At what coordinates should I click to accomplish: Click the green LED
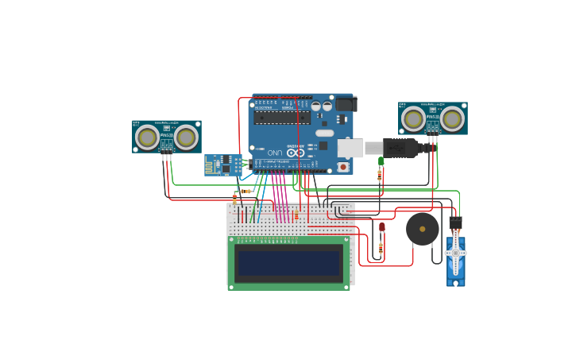(381, 161)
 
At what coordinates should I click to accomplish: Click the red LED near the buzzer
(381, 227)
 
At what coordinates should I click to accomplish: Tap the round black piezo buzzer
(422, 230)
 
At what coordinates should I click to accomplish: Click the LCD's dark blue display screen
(289, 262)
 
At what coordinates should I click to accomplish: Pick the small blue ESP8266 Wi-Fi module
(223, 165)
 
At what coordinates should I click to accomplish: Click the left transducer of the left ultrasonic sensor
(147, 137)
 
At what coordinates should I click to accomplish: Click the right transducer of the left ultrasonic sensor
(186, 137)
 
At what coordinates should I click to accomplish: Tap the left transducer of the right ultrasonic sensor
(413, 119)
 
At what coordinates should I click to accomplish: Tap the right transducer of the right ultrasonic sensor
(452, 119)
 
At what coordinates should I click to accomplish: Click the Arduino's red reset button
(343, 166)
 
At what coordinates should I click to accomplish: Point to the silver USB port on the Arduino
(350, 148)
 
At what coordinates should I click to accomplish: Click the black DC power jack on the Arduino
(346, 104)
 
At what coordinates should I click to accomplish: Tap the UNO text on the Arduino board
(274, 153)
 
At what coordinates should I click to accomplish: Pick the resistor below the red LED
(381, 249)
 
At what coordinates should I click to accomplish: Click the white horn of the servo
(455, 254)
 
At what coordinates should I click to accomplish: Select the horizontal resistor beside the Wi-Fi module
(246, 192)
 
